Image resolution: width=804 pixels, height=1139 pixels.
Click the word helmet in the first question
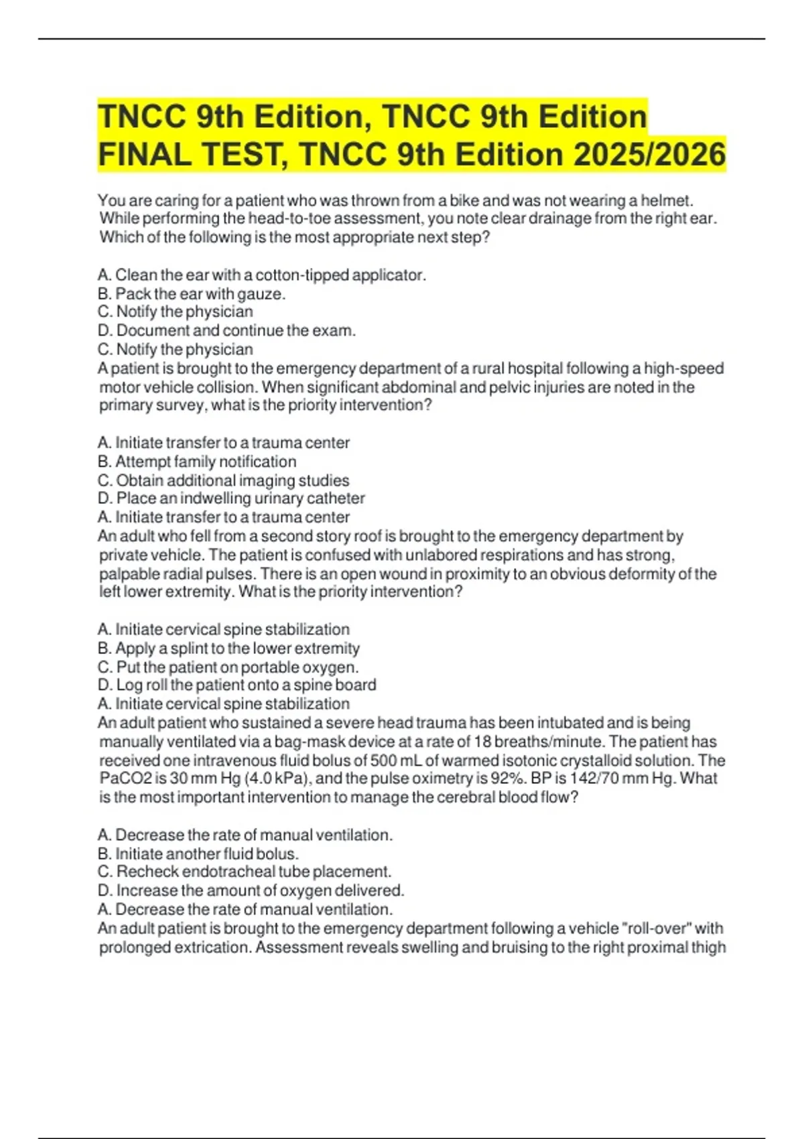[666, 200]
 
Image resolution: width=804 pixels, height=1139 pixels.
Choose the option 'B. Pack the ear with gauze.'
[192, 293]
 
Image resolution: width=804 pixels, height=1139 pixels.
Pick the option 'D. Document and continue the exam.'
[226, 330]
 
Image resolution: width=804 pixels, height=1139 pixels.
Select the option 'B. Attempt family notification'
[197, 462]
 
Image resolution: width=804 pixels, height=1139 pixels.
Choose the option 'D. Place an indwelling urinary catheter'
[231, 498]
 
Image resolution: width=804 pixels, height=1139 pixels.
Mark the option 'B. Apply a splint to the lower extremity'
[228, 648]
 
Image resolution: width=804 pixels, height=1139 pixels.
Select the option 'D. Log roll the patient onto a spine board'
[237, 685]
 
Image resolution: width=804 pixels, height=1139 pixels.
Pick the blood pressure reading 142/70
[599, 779]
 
